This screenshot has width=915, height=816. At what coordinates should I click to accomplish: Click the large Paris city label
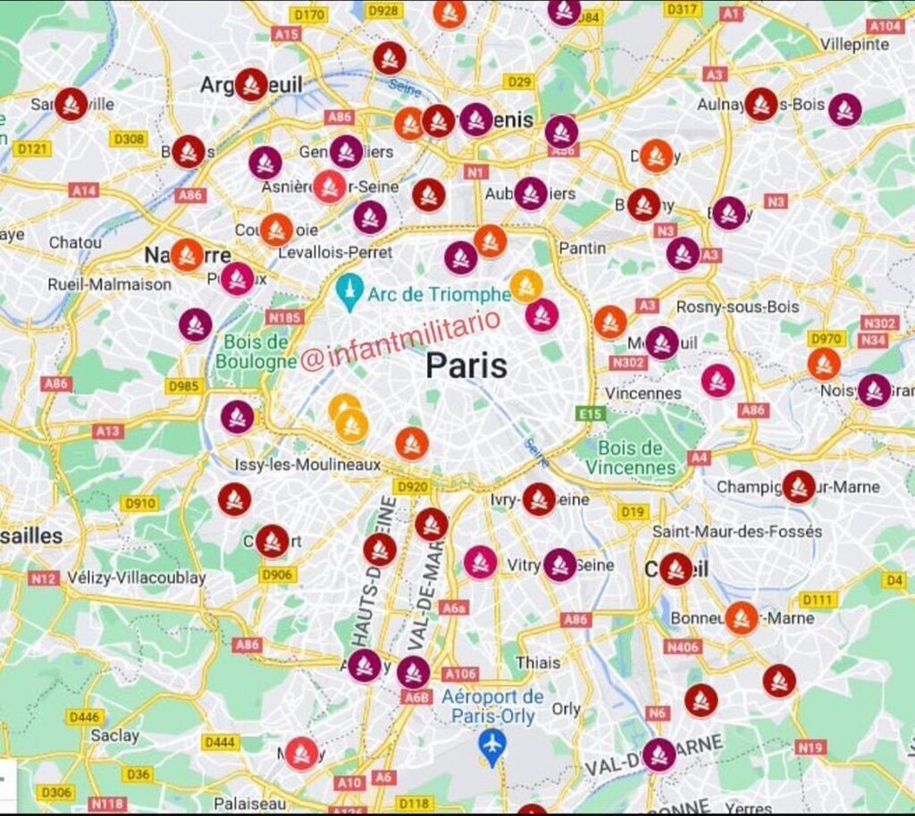[x=466, y=366]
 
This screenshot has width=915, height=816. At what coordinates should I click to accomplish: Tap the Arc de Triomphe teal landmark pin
[x=348, y=291]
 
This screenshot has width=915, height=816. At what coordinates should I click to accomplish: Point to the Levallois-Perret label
[x=335, y=253]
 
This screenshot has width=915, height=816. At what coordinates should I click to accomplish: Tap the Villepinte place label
[x=854, y=44]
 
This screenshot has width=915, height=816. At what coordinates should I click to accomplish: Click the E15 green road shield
[x=591, y=414]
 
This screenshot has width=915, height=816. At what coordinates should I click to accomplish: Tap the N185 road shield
[x=285, y=316]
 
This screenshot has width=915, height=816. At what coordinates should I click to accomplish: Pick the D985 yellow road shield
[x=184, y=385]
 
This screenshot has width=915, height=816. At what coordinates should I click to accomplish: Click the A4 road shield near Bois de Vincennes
[x=699, y=458]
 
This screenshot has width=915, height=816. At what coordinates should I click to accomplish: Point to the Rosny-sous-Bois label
[x=737, y=307]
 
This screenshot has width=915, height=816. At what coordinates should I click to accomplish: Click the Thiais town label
[x=537, y=662]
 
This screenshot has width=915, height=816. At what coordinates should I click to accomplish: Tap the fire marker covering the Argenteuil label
[x=251, y=84]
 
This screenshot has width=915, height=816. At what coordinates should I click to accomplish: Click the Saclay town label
[x=114, y=736]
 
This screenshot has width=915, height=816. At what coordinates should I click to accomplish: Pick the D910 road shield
[x=140, y=503]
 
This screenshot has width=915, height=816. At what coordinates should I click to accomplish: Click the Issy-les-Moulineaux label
[x=307, y=465]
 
